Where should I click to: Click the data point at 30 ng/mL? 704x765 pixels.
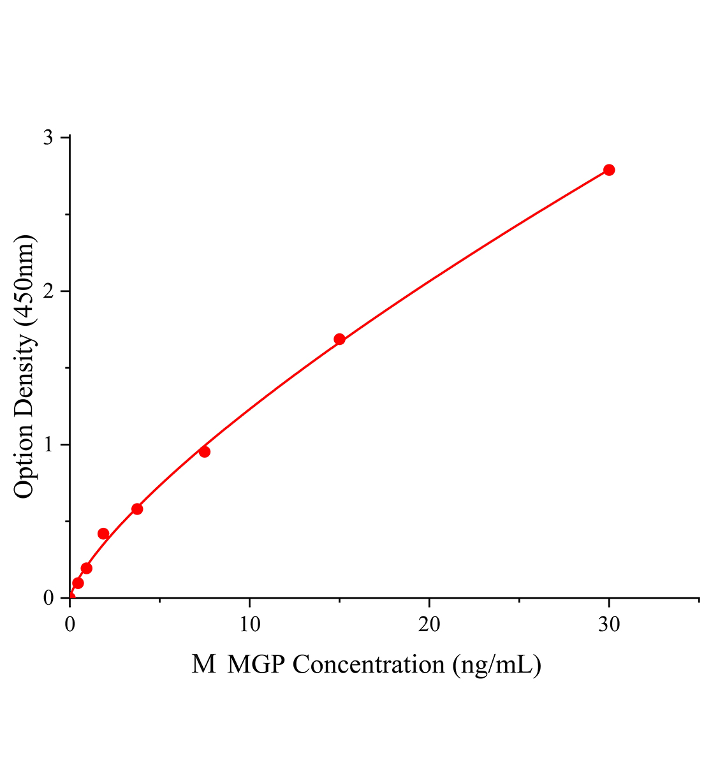click(609, 170)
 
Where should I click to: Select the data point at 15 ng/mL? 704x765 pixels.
click(339, 339)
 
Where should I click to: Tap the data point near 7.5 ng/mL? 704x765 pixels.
click(205, 452)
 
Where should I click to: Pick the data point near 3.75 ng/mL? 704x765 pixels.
click(137, 509)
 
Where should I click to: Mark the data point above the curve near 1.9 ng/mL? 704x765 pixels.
click(103, 534)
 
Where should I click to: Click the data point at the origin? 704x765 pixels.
click(70, 598)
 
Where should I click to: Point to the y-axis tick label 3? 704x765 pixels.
click(48, 138)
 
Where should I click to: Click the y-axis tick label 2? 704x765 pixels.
click(48, 291)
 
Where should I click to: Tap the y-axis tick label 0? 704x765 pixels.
click(48, 598)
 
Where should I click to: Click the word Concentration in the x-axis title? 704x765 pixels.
click(369, 665)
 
